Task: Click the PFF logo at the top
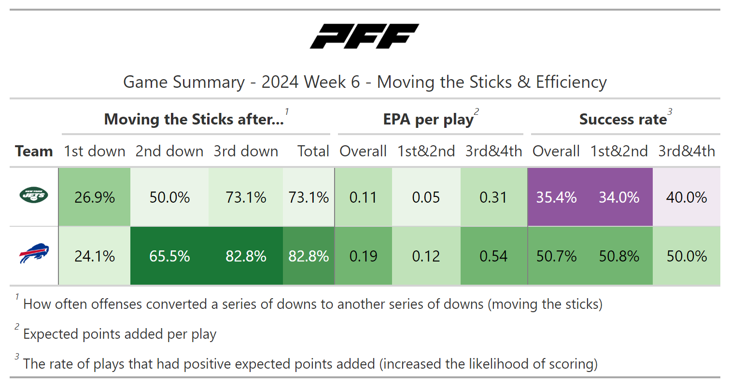(365, 36)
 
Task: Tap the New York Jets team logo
(34, 195)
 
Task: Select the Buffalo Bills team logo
(34, 253)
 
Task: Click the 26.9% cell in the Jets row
(95, 197)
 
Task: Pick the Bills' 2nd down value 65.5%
(169, 256)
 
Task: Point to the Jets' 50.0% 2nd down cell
(169, 197)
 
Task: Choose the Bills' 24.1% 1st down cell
(95, 256)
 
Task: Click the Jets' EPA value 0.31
(493, 197)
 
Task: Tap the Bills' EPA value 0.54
(493, 256)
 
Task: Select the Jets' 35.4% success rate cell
(556, 197)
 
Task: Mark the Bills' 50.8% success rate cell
(619, 256)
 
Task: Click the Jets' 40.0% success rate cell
(687, 197)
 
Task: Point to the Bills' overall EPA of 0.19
(364, 256)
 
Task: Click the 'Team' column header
(34, 151)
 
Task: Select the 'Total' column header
(313, 151)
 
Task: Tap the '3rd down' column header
(246, 151)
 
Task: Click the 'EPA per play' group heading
(428, 120)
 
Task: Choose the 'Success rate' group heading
(623, 119)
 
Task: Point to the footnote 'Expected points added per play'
(120, 334)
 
